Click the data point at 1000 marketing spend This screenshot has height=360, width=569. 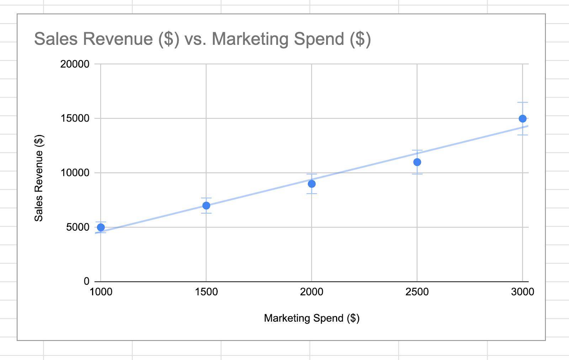point(101,227)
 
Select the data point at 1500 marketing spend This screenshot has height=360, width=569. point(206,205)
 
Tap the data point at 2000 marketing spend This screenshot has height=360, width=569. point(312,184)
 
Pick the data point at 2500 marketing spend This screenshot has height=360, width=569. point(417,162)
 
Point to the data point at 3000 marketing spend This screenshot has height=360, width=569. point(522,119)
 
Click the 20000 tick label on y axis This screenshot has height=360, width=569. point(75,64)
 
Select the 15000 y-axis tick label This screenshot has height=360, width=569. point(75,118)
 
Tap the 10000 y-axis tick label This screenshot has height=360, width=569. point(75,173)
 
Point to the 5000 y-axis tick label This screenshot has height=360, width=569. point(78,227)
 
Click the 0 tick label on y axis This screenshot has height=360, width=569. point(86,281)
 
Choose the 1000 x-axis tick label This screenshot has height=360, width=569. point(101,292)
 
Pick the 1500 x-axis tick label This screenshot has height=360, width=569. point(206,292)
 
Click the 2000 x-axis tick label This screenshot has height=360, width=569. point(312,292)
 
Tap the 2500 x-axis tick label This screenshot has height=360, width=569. point(417,292)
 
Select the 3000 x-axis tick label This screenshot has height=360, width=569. point(522,292)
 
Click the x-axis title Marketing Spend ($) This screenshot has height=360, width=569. point(312,318)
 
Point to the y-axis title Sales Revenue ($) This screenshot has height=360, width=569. point(39,178)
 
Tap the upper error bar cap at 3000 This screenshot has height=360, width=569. point(522,102)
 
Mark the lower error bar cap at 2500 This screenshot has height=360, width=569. point(417,174)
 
